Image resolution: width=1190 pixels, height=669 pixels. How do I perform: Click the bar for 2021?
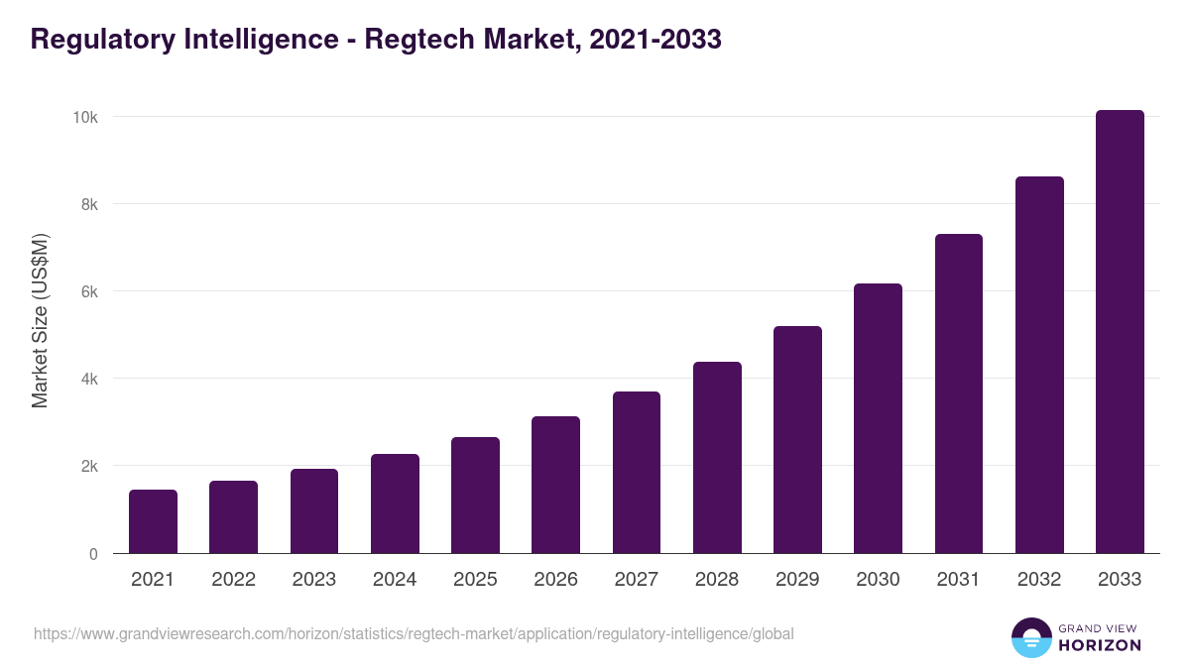click(153, 521)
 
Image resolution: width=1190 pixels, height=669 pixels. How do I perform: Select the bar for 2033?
click(1120, 332)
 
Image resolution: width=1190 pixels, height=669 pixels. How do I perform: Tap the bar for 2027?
click(637, 473)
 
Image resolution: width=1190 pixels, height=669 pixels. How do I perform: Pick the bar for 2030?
click(878, 418)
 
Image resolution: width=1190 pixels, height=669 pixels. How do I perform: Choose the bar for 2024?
click(395, 503)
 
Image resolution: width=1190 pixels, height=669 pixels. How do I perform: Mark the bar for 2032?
click(1039, 365)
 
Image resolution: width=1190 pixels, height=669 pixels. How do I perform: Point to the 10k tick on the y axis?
click(85, 117)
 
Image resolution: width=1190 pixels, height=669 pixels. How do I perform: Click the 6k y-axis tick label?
click(88, 292)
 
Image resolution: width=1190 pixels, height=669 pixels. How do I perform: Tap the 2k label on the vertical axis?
click(88, 467)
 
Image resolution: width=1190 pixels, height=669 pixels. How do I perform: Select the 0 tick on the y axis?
click(93, 554)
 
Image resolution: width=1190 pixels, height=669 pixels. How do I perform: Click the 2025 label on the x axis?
click(475, 580)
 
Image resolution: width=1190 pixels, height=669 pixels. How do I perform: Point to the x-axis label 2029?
click(797, 580)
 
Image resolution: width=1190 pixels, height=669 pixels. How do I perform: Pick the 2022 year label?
click(233, 580)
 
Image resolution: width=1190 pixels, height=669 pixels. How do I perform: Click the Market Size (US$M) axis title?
click(40, 321)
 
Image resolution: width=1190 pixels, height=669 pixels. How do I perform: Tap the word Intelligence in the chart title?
click(256, 41)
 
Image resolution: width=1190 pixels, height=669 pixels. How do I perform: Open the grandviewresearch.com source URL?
click(414, 633)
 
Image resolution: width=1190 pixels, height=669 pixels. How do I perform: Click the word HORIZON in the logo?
click(1100, 645)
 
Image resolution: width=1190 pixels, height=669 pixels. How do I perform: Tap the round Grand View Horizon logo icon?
click(1030, 637)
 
